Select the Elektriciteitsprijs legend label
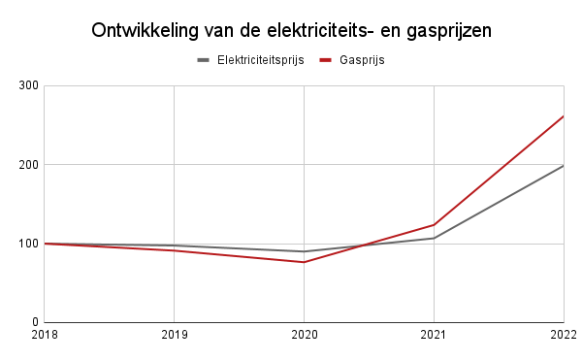[261, 60]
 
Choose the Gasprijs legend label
[363, 60]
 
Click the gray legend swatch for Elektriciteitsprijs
[205, 60]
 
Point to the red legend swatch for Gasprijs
[327, 60]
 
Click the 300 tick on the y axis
[28, 86]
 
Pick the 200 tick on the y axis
[28, 165]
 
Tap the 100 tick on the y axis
[28, 244]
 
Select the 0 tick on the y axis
[34, 322]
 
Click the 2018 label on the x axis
[45, 336]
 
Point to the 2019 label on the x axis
[175, 336]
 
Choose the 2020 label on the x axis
[305, 336]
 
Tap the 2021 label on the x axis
[434, 336]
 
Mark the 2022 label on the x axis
[564, 336]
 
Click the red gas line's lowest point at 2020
[305, 262]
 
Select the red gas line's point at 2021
[434, 224]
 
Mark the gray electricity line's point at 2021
[434, 238]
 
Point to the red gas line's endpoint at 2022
[564, 116]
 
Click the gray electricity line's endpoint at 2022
[564, 166]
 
